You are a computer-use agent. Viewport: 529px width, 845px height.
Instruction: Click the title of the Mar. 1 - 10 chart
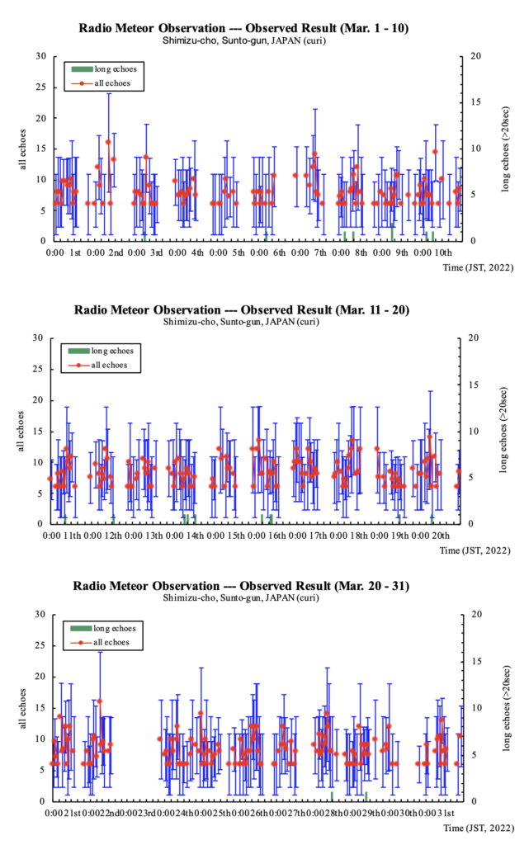(x=243, y=27)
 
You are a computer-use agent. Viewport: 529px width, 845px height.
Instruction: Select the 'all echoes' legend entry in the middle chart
(x=106, y=365)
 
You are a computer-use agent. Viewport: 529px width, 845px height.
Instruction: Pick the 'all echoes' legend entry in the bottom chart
(x=106, y=641)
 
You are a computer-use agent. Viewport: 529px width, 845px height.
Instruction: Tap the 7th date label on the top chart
(x=320, y=252)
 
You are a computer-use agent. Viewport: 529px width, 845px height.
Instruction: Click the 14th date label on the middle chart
(x=196, y=536)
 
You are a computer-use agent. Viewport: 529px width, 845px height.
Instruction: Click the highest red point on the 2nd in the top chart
(x=108, y=142)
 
